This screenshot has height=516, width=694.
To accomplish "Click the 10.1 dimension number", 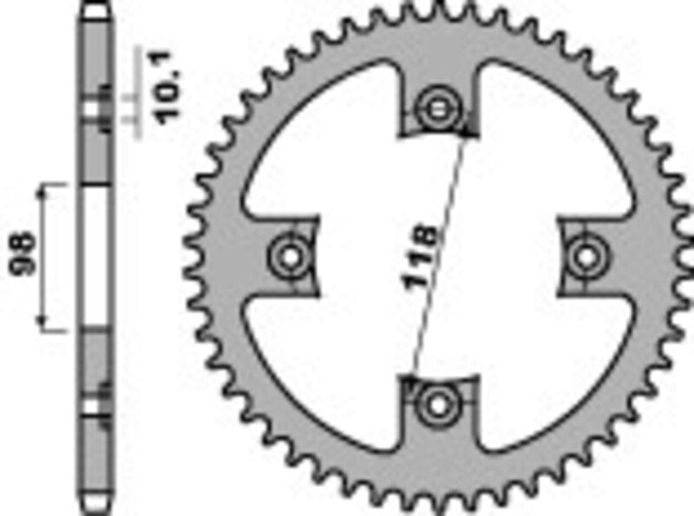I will click(170, 88).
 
